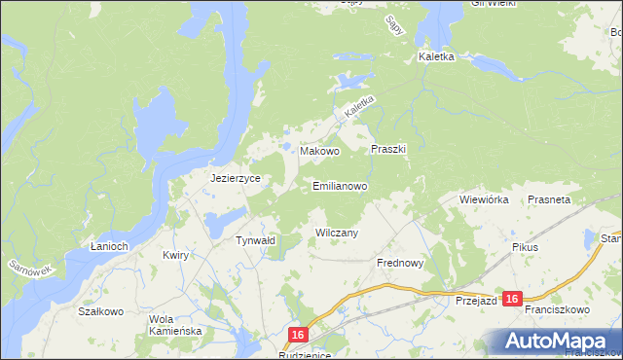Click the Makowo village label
(319, 152)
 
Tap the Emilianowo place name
(340, 185)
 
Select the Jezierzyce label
(233, 179)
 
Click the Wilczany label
(338, 233)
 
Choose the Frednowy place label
(399, 263)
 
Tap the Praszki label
(388, 150)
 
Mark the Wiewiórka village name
(484, 199)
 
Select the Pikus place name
(525, 247)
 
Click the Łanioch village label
(109, 246)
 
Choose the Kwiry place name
(175, 255)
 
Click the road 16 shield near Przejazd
(513, 300)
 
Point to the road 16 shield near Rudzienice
(298, 335)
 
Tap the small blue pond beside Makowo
(289, 148)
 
